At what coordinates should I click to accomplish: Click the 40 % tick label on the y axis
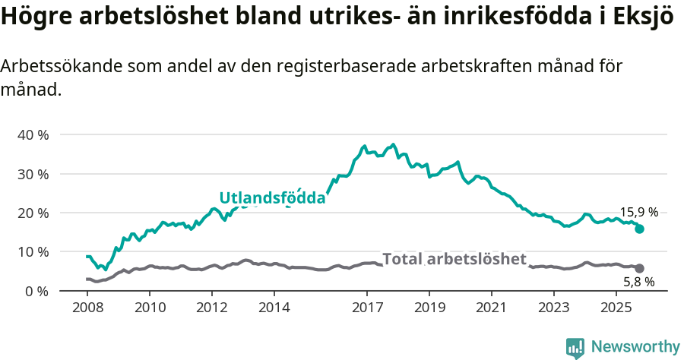tap(33, 134)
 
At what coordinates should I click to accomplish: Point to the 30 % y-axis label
tap(33, 174)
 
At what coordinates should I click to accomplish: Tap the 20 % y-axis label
tap(33, 213)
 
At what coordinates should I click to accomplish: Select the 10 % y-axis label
tap(33, 251)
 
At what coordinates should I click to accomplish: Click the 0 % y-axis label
tap(36, 291)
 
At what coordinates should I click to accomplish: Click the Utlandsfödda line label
tap(272, 198)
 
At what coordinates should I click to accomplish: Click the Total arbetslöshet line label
tap(454, 259)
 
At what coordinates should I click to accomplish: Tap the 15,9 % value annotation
tap(639, 213)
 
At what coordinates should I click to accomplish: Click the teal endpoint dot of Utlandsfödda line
tap(639, 229)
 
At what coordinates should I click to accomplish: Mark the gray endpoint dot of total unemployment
tap(639, 268)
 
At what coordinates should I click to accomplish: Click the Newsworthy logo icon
tap(575, 347)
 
